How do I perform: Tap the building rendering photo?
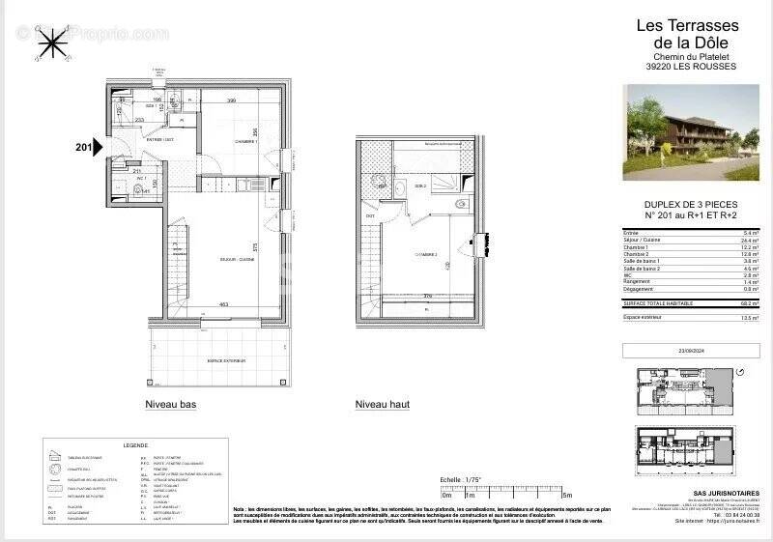pyautogui.click(x=691, y=132)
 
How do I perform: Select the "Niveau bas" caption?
pyautogui.click(x=171, y=405)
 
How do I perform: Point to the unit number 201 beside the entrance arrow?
pyautogui.click(x=84, y=148)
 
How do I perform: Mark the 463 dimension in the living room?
pyautogui.click(x=223, y=305)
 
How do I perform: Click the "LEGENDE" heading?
pyautogui.click(x=135, y=445)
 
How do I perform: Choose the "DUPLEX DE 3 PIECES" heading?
pyautogui.click(x=690, y=204)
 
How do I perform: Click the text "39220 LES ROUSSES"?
pyautogui.click(x=690, y=67)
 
